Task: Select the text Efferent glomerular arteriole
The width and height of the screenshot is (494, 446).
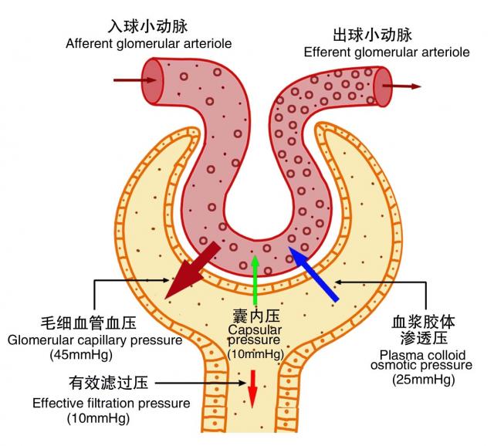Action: (386, 52)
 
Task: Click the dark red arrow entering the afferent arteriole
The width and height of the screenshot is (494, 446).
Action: (129, 79)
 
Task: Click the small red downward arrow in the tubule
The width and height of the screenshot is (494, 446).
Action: (252, 390)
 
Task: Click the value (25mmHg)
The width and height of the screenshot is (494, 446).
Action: (421, 380)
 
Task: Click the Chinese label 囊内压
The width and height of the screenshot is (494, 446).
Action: (255, 317)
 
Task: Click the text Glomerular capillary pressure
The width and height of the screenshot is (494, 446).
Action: (95, 340)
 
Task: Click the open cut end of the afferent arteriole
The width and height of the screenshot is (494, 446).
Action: (154, 79)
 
